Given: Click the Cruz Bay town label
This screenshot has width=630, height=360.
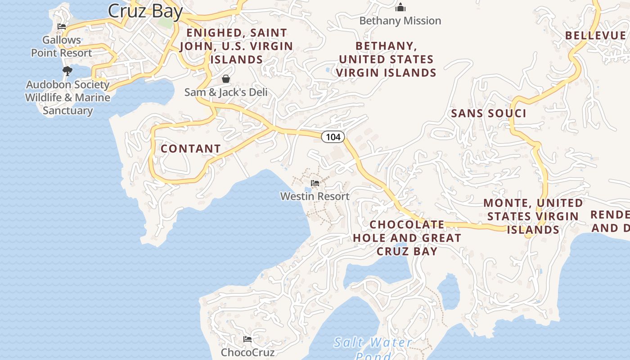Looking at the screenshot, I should (145, 11).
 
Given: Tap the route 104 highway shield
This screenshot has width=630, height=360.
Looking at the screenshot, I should (333, 137).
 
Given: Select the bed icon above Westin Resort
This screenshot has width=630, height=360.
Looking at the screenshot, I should (315, 183).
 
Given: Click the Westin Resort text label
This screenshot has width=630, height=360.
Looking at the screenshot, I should (315, 196).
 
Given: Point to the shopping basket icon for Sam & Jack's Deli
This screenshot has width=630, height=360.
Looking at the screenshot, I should (226, 79).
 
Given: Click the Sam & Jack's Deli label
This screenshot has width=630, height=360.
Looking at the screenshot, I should (226, 92).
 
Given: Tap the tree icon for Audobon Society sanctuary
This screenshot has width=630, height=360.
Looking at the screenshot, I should (67, 71).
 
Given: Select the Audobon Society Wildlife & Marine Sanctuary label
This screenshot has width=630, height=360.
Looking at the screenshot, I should (67, 98).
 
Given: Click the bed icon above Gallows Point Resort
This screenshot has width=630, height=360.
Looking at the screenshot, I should (62, 27).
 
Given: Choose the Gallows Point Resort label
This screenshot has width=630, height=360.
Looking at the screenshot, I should (62, 46).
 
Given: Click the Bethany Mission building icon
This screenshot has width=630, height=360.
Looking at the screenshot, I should (400, 7).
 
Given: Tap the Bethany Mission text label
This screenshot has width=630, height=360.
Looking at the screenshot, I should (400, 21).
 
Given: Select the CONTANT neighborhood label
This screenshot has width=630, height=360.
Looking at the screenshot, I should (191, 148).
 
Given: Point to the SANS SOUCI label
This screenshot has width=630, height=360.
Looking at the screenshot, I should (489, 113).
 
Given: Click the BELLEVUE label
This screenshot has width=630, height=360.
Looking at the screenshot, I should (595, 36).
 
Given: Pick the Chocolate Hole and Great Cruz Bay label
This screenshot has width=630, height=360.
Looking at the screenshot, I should (407, 238).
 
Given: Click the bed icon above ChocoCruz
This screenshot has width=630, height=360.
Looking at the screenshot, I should (247, 339).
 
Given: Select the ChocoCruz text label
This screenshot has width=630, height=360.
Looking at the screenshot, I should (247, 352).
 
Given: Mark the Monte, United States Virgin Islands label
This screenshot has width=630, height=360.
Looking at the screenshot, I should (533, 216).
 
